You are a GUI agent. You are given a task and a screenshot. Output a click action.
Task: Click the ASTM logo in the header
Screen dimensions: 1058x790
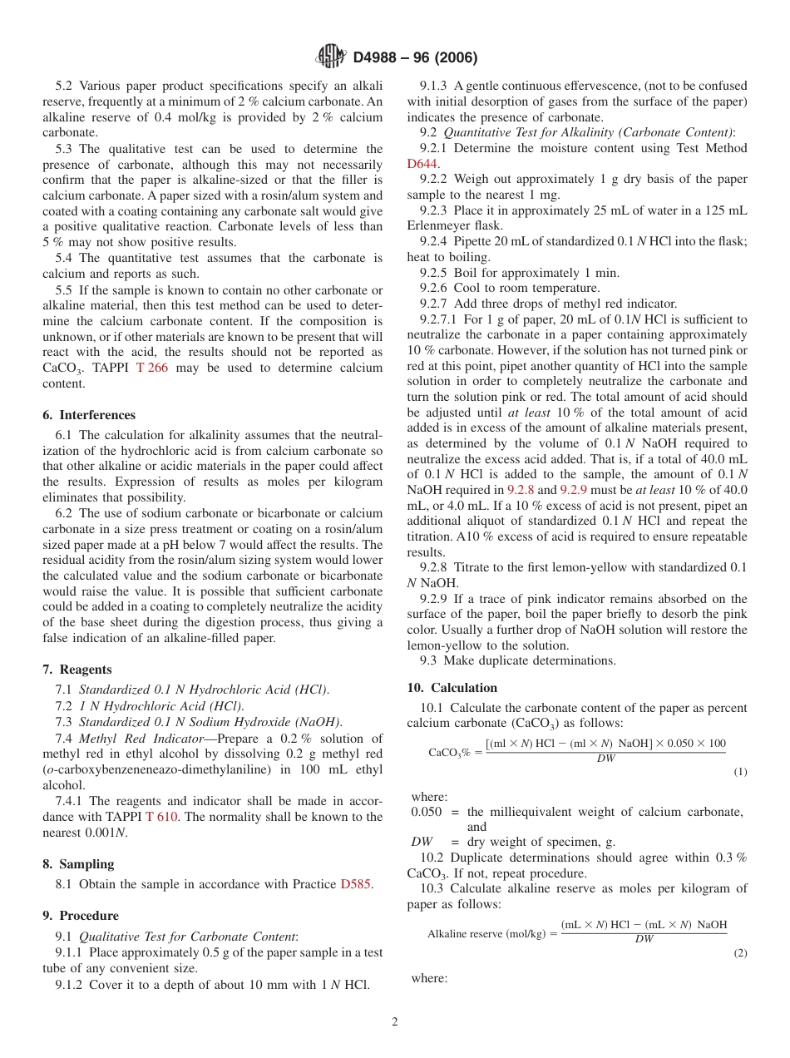[x=331, y=57]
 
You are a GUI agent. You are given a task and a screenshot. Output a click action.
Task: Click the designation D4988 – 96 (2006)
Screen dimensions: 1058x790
[x=415, y=57]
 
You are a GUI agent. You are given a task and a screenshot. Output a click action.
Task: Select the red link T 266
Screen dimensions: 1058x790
[x=152, y=368]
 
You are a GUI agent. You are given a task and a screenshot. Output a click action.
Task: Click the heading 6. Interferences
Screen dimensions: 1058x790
[x=89, y=415]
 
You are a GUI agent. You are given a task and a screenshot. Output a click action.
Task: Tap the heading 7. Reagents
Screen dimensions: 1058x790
[x=77, y=670]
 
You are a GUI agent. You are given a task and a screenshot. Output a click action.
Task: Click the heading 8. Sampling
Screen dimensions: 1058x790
[x=78, y=864]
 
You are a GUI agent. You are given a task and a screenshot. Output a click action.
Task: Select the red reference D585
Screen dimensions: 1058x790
[x=357, y=884]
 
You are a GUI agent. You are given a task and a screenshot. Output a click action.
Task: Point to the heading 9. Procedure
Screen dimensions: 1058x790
[x=81, y=916]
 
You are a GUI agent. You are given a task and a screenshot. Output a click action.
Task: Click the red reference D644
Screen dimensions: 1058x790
[x=423, y=164]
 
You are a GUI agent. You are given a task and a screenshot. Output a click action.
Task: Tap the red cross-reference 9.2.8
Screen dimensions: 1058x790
[x=521, y=490]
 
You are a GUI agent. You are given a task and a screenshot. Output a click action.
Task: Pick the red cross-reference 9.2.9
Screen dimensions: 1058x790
[x=573, y=490]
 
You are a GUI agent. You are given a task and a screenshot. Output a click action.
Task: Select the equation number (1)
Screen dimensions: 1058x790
[x=740, y=772]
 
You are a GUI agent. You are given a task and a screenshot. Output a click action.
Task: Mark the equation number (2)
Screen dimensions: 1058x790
[x=740, y=953]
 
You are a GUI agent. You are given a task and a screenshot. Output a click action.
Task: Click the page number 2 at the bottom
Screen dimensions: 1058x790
[x=395, y=1022]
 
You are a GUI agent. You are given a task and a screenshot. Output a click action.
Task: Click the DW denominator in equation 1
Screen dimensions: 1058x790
[x=605, y=759]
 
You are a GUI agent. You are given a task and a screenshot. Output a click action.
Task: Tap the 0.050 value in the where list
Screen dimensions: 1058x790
[x=427, y=812]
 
